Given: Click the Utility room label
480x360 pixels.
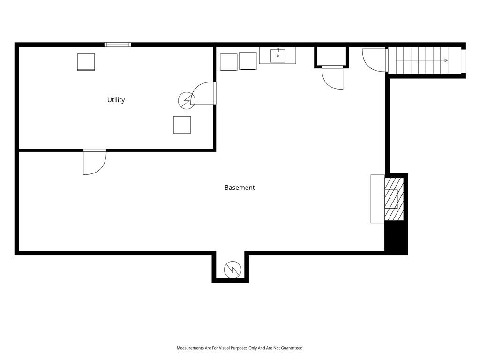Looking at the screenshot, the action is (116, 100).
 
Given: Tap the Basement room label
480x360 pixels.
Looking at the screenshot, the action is (240, 187).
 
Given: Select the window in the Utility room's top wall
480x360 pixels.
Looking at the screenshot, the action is (118, 45).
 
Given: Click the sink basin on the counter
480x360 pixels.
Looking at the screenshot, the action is (277, 55).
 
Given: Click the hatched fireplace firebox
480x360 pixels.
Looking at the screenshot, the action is (394, 199).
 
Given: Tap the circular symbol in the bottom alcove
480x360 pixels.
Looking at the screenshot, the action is (232, 270).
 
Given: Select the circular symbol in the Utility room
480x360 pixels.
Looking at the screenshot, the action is (187, 100).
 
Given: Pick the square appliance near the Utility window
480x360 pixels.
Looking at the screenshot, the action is (86, 62).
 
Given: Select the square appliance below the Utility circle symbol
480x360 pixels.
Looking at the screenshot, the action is (182, 125).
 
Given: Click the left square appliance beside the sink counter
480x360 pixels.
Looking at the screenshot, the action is (229, 62).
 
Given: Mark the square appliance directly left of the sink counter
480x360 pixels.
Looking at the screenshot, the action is (248, 61).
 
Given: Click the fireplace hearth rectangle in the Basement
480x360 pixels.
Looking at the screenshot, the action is (378, 199).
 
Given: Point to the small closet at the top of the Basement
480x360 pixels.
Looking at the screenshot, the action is (331, 56).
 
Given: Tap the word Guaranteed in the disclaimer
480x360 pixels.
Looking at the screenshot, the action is (293, 348).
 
